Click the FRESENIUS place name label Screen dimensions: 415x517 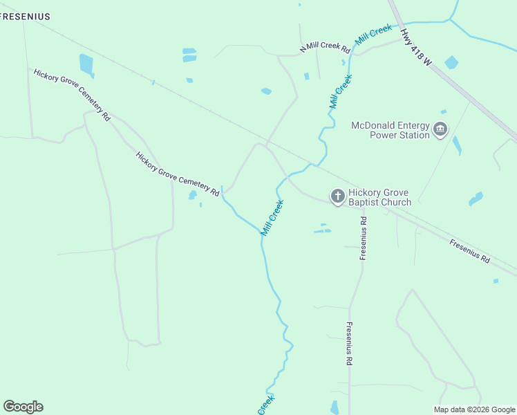pyautogui.click(x=26, y=16)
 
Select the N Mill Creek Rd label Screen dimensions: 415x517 pyautogui.click(x=325, y=47)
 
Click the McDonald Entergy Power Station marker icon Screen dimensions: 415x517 pyautogui.click(x=440, y=129)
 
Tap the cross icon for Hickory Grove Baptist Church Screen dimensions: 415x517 pyautogui.click(x=337, y=197)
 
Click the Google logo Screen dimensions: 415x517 pyautogui.click(x=23, y=407)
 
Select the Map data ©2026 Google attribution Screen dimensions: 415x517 pyautogui.click(x=475, y=409)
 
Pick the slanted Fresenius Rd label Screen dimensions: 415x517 pyautogui.click(x=469, y=251)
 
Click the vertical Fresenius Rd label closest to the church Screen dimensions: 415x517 pyautogui.click(x=363, y=238)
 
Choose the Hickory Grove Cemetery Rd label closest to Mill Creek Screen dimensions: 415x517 pyautogui.click(x=178, y=174)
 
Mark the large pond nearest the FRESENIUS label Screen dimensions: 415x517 pyautogui.click(x=86, y=64)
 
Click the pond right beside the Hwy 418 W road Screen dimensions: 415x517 pyautogui.click(x=451, y=62)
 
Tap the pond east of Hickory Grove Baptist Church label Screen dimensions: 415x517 pyautogui.click(x=476, y=200)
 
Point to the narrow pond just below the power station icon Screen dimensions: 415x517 pyautogui.click(x=456, y=145)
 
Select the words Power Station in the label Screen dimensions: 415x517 pyautogui.click(x=399, y=136)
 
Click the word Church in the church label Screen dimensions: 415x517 pyautogui.click(x=397, y=203)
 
